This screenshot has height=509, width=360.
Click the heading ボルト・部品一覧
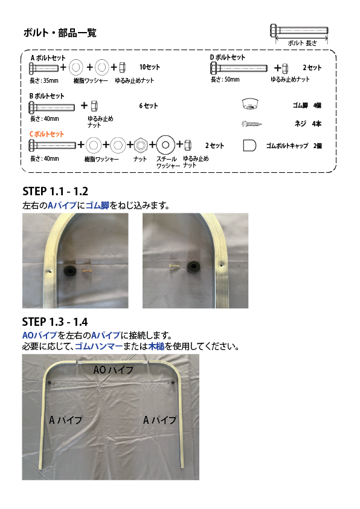[60, 33]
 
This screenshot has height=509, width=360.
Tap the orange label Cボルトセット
[47, 134]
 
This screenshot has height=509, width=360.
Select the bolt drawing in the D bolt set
[239, 68]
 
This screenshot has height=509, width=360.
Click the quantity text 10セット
[150, 67]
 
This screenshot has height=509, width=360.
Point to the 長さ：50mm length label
[225, 80]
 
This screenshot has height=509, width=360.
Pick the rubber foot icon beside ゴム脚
[250, 104]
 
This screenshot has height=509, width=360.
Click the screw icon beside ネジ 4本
[252, 124]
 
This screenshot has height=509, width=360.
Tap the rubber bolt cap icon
[249, 146]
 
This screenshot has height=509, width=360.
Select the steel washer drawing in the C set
[166, 144]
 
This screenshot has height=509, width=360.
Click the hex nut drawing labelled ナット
[140, 145]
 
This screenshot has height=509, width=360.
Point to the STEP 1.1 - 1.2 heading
[56, 191]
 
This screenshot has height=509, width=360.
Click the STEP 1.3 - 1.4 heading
[55, 322]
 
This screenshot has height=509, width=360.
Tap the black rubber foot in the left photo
[69, 270]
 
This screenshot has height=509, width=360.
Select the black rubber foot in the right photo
[193, 267]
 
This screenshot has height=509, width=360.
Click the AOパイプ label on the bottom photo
[114, 370]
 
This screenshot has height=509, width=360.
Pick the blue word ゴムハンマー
[99, 346]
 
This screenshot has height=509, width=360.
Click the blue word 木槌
[156, 346]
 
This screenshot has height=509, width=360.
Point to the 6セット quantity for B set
[149, 106]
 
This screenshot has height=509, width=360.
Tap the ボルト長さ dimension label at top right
[302, 43]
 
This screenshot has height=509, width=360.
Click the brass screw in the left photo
[87, 270]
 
